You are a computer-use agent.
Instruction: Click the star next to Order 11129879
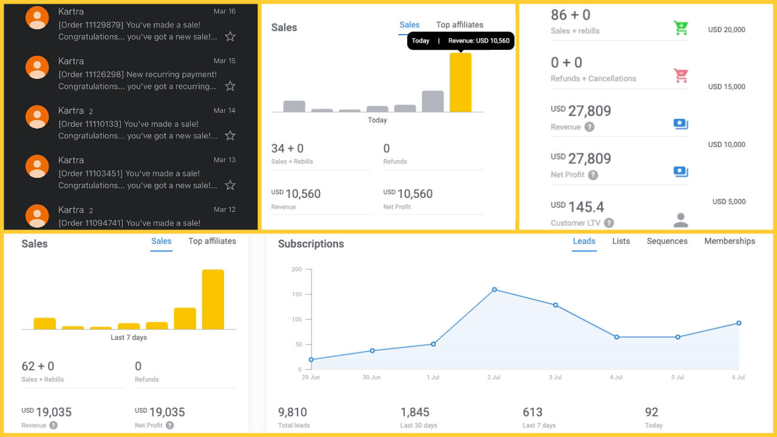[230, 36]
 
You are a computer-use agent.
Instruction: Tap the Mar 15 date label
[225, 61]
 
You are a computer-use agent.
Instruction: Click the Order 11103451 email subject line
[137, 174]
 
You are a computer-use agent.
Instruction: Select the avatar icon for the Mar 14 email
[37, 117]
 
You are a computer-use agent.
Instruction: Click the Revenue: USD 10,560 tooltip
[461, 41]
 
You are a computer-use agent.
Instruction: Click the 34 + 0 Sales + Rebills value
[288, 149]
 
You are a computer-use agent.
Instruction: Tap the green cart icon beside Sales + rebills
[680, 28]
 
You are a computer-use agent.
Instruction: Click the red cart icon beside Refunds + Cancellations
[680, 75]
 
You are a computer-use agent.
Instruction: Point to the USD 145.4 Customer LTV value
[577, 207]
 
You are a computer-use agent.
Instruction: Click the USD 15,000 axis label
[727, 87]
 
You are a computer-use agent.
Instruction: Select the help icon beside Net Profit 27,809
[593, 175]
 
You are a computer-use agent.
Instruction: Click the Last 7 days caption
[129, 337]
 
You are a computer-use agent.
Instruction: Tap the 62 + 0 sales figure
[38, 366]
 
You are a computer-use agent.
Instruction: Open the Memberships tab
[730, 241]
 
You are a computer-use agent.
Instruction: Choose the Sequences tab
[667, 241]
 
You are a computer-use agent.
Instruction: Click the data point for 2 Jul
[494, 290]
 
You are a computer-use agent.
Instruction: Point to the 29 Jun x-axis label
[311, 378]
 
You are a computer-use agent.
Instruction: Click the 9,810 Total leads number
[293, 412]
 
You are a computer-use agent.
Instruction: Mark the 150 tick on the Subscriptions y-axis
[296, 294]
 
